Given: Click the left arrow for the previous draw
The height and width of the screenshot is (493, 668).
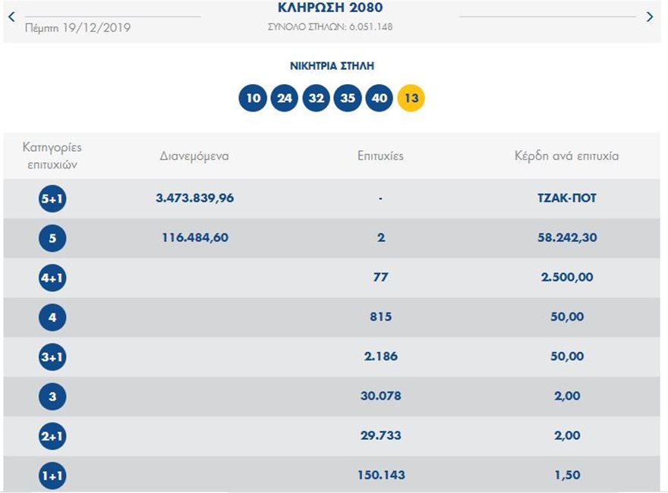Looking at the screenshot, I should [x=11, y=16].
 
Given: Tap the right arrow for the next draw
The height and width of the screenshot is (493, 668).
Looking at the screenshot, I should [x=649, y=17].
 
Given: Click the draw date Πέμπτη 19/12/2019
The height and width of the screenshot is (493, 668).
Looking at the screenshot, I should [x=77, y=27].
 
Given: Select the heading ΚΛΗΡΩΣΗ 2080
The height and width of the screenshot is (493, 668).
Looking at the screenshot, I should [x=330, y=8].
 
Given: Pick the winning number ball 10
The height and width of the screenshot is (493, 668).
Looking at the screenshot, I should [x=253, y=98].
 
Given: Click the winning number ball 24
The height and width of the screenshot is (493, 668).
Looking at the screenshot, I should [x=285, y=98].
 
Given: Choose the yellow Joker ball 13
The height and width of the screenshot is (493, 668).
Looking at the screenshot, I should [x=411, y=98].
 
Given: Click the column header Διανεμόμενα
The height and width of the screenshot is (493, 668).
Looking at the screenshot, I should [x=194, y=156].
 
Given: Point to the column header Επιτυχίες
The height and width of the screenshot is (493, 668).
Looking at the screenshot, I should [x=380, y=156].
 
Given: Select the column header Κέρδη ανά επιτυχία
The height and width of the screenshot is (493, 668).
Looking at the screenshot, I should [x=566, y=156].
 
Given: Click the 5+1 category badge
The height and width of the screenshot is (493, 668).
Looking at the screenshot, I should [x=52, y=199].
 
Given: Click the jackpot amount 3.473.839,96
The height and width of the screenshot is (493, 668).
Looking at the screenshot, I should [x=194, y=198].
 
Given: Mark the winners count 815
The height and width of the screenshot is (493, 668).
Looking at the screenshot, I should [x=380, y=316].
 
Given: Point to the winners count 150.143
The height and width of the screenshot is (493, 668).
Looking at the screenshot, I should [x=380, y=475].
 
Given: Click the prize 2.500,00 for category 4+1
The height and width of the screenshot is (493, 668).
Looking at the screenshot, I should [x=566, y=277].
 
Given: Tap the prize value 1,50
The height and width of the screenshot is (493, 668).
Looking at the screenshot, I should [x=566, y=475].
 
